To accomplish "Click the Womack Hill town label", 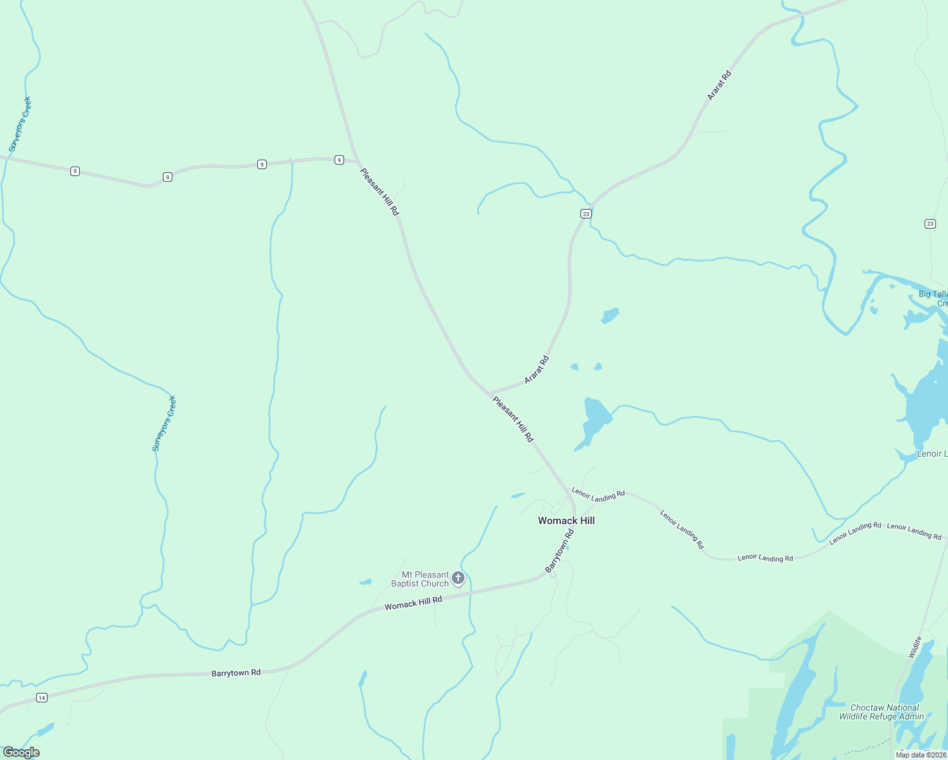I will (x=566, y=521).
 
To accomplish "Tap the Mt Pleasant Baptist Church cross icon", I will (x=458, y=578).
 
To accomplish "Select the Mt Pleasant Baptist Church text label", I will (x=420, y=579).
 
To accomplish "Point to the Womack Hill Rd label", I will (x=413, y=603).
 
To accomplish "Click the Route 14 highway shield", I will (x=42, y=697).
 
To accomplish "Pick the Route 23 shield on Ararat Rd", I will (x=586, y=214).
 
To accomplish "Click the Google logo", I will (x=21, y=752).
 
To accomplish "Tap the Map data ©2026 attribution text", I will (x=921, y=755).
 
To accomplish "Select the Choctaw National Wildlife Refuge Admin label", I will (x=885, y=712).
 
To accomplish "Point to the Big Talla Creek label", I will (x=933, y=298).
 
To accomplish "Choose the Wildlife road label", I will (x=914, y=647).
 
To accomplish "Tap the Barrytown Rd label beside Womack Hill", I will (x=560, y=552).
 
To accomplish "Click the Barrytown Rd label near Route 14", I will (x=236, y=673).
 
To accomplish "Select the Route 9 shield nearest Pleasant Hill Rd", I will (x=340, y=160).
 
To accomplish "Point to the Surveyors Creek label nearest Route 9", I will (x=20, y=125).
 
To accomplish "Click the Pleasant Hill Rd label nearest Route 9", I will (x=380, y=191).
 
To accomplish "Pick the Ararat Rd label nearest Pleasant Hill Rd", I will (x=537, y=370).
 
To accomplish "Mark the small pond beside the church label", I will (x=365, y=581).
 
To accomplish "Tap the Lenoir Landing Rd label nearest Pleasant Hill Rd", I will (x=598, y=495).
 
